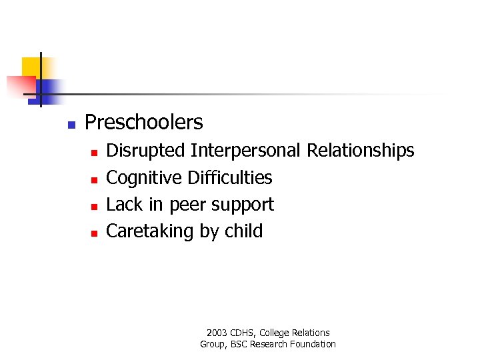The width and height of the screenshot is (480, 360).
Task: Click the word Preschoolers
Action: (x=144, y=123)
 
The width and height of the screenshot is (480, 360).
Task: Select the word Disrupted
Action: (x=145, y=151)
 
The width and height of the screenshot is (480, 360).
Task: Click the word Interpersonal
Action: (x=245, y=151)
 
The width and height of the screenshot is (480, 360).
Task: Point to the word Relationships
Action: (x=360, y=151)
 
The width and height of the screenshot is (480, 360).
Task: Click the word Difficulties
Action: (x=229, y=177)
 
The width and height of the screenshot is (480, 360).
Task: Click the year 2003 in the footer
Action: (x=217, y=333)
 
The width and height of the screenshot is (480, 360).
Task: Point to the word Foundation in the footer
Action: (x=313, y=344)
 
